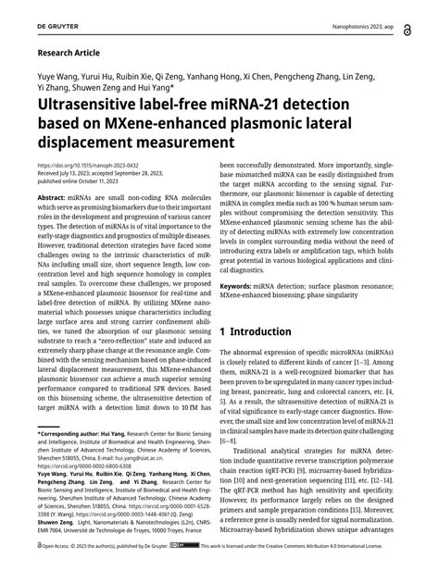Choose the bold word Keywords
[244, 287]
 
